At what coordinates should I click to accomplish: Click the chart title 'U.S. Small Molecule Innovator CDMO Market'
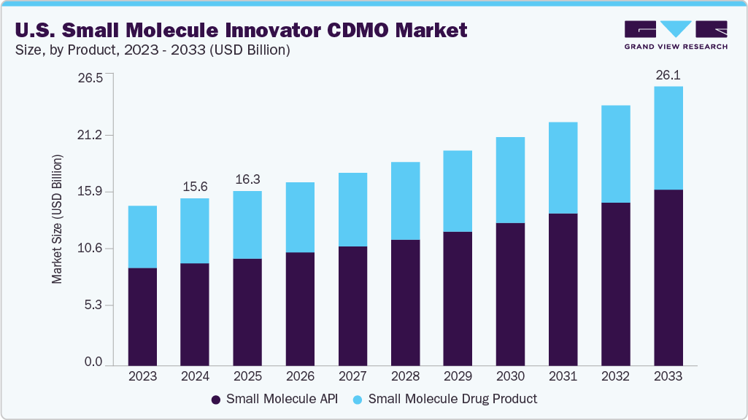click(x=241, y=30)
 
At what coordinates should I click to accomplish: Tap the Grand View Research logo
click(x=675, y=35)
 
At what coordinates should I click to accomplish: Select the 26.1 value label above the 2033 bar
click(x=668, y=75)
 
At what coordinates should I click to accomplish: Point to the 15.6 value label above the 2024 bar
click(x=195, y=187)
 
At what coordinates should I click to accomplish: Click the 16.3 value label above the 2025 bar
click(x=247, y=179)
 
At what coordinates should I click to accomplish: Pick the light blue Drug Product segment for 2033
click(x=668, y=138)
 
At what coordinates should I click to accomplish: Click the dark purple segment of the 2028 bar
click(x=405, y=302)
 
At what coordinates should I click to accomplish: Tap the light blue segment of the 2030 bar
click(x=510, y=180)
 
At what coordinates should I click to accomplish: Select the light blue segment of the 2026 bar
click(x=300, y=217)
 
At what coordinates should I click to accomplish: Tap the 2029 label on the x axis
click(x=458, y=376)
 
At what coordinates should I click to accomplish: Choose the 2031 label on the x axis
click(x=563, y=376)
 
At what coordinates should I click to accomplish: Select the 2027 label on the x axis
click(x=352, y=376)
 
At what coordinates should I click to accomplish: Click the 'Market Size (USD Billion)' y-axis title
click(x=57, y=219)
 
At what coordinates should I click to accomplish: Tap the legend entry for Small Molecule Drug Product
click(x=445, y=399)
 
